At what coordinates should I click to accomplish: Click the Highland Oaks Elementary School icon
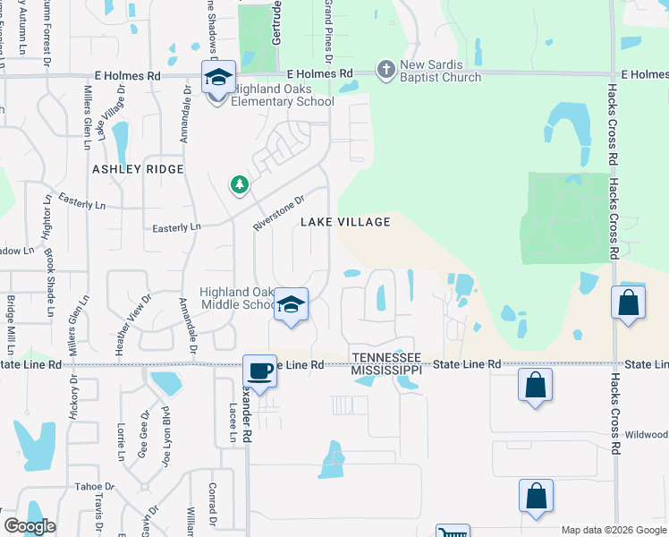pos(218,79)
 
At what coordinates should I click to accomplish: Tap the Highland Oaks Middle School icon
pos(291,305)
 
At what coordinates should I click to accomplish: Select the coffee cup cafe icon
pos(259,371)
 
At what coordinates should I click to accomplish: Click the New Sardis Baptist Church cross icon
pos(385,69)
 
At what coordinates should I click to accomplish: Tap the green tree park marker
pos(239,185)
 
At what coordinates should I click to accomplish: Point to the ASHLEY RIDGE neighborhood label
pos(138,169)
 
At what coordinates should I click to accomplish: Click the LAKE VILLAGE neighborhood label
pos(345,222)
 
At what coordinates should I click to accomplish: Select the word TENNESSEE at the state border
pos(385,355)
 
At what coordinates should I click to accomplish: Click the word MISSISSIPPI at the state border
pos(385,369)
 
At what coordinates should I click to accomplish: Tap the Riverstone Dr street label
pos(279,213)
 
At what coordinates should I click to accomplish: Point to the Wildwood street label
pos(646,434)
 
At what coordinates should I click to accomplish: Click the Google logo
pos(29,526)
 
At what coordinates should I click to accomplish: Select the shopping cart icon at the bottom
pos(452,532)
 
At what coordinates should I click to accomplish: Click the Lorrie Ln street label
pos(121,441)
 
